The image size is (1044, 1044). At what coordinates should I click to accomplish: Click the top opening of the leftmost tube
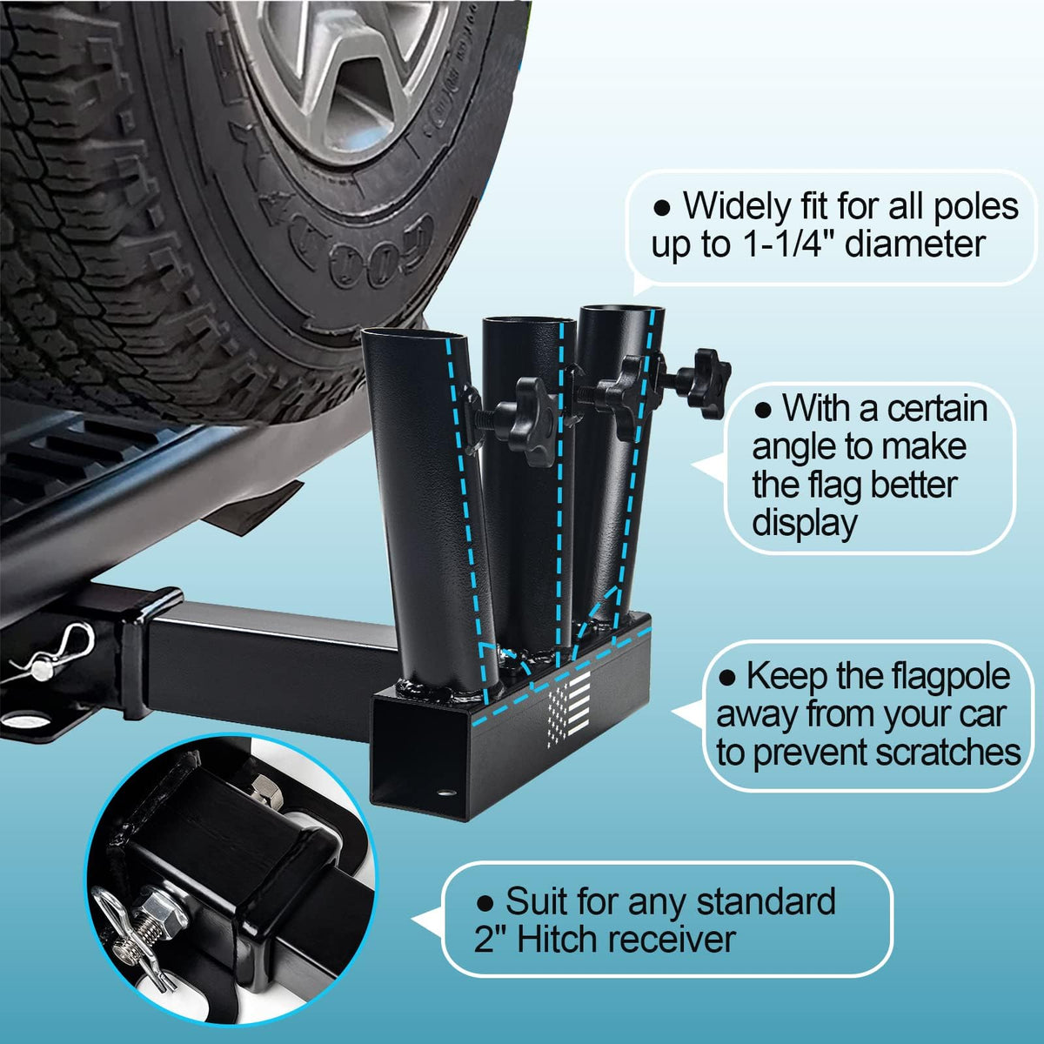[414, 340]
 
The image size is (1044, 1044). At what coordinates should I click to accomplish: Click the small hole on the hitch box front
[446, 793]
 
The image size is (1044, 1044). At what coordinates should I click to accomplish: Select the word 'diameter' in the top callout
[914, 244]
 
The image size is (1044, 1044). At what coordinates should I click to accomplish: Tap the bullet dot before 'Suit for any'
[485, 902]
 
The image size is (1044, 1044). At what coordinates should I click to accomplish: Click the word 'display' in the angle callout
[805, 524]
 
